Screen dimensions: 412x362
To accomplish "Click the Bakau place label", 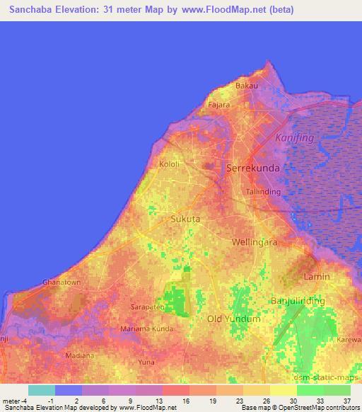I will pyautogui.click(x=246, y=86).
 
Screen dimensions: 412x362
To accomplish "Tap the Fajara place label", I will pyautogui.click(x=219, y=105).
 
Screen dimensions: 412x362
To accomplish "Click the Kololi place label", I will pyautogui.click(x=170, y=164).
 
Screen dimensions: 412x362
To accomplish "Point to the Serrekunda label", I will pyautogui.click(x=252, y=168).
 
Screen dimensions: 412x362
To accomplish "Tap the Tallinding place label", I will pyautogui.click(x=263, y=192).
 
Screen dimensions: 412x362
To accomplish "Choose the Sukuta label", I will pyautogui.click(x=186, y=219).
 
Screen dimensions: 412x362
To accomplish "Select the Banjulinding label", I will pyautogui.click(x=298, y=302).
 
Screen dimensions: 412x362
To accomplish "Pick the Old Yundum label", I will pyautogui.click(x=234, y=319).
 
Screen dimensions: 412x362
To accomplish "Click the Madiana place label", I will pyautogui.click(x=78, y=355).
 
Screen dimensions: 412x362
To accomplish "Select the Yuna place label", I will pyautogui.click(x=146, y=362).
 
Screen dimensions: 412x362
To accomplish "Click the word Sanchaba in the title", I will pyautogui.click(x=35, y=10).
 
